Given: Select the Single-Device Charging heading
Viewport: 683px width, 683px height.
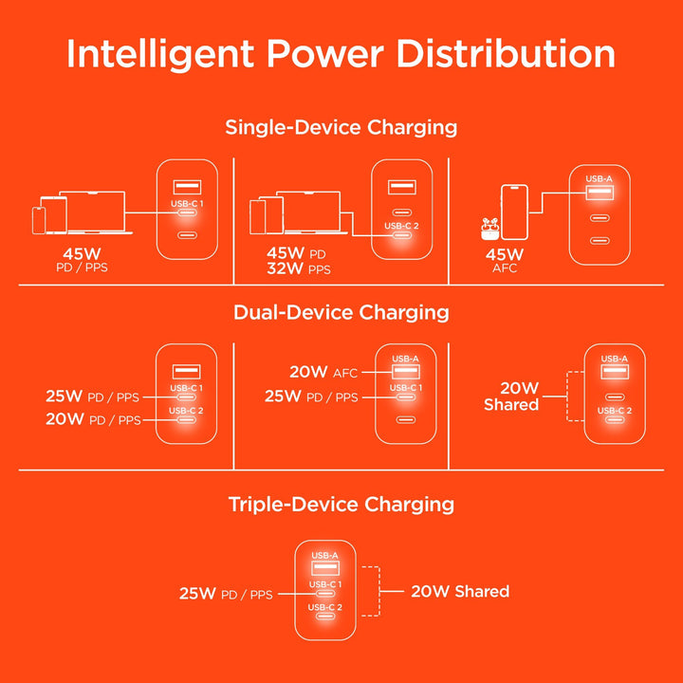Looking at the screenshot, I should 341,126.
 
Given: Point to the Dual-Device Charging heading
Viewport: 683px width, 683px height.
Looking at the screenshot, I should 341,312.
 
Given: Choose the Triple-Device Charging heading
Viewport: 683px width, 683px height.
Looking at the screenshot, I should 341,504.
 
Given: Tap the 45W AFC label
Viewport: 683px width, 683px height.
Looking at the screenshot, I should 505,261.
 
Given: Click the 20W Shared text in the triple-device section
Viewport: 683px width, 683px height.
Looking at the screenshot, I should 460,591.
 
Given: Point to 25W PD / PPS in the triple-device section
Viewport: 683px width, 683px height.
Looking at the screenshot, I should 226,594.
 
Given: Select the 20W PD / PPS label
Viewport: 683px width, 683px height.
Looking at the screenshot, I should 92,419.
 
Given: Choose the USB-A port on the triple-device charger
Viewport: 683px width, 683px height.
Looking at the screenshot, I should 324,569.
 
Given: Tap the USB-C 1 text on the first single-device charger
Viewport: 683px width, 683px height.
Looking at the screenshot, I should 187,203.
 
